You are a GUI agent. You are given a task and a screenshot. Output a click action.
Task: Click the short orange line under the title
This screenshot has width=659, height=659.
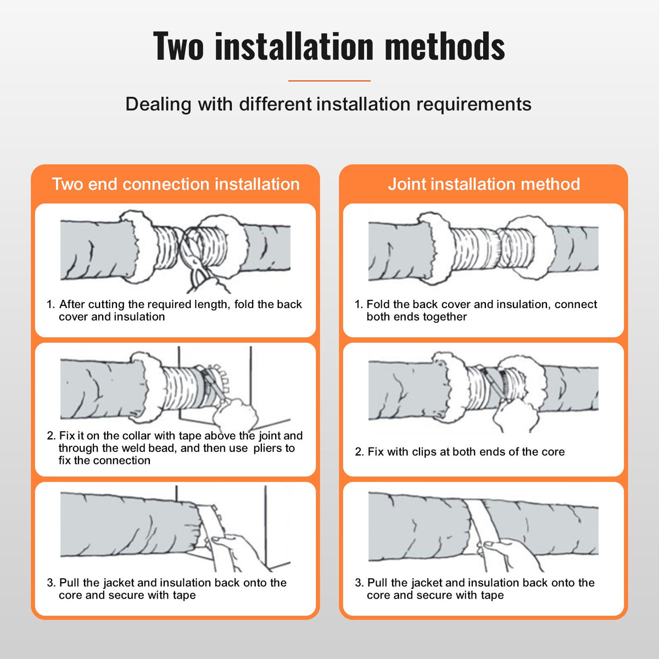(x=329, y=81)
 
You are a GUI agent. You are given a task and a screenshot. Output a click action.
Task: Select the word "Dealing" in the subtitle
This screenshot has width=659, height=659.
(x=158, y=104)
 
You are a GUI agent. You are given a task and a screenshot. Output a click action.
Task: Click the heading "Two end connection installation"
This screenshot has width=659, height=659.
(x=176, y=184)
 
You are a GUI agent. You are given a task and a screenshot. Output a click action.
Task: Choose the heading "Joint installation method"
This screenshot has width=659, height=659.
(x=484, y=184)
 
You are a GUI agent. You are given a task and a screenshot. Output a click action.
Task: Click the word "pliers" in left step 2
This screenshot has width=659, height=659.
(x=267, y=448)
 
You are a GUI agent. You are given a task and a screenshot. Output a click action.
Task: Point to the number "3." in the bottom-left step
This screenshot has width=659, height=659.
(x=51, y=583)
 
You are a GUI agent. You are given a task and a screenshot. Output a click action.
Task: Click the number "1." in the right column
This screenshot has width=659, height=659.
(x=359, y=304)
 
